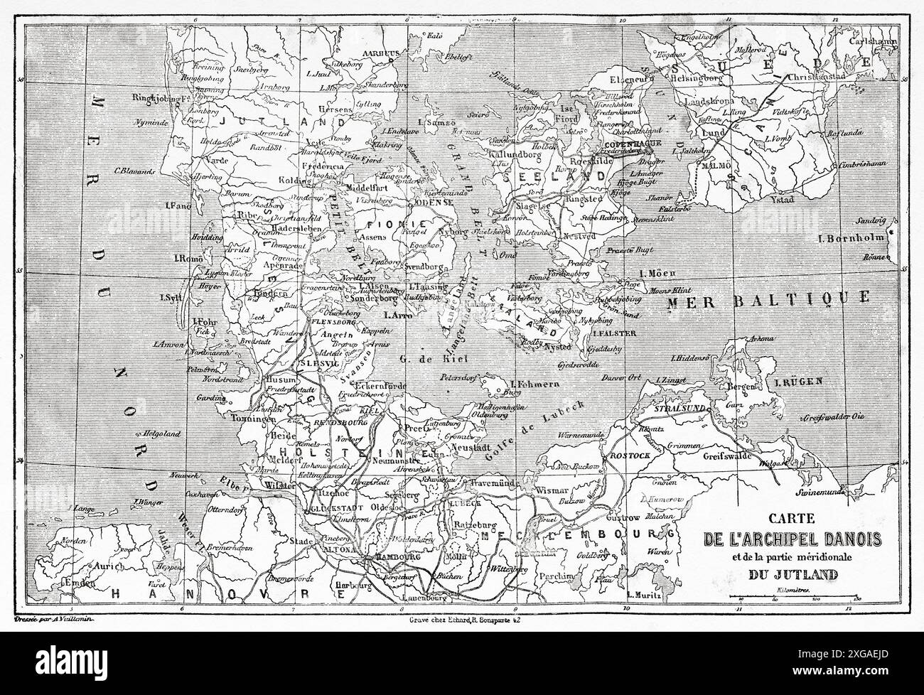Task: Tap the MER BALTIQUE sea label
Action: (770, 298)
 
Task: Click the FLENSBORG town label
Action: (334, 321)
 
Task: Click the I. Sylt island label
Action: (173, 297)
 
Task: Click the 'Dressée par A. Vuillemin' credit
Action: (59, 620)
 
